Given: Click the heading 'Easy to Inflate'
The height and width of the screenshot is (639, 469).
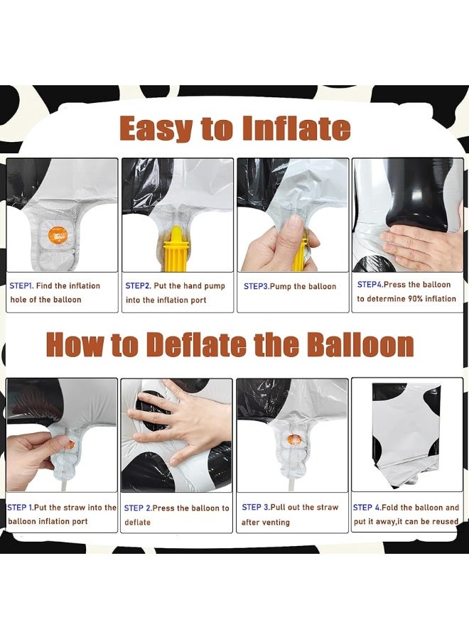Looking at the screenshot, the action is pyautogui.click(x=235, y=129).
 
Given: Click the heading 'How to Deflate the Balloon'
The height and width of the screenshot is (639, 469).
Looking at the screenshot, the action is pyautogui.click(x=230, y=345).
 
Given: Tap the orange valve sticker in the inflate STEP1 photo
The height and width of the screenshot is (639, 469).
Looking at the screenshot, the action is pyautogui.click(x=58, y=235).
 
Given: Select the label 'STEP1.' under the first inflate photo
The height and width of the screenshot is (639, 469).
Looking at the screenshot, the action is pyautogui.click(x=21, y=285).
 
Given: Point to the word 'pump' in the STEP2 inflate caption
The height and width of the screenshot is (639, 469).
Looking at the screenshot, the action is pyautogui.click(x=215, y=286).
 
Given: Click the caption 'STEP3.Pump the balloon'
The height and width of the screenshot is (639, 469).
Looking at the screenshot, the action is pyautogui.click(x=290, y=287).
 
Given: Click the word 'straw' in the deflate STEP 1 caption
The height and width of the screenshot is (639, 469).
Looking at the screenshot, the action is pyautogui.click(x=74, y=508).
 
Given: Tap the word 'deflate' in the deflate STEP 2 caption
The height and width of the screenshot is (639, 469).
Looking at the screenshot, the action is pyautogui.click(x=137, y=523).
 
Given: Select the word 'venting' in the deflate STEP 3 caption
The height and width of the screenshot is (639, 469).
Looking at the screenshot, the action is pyautogui.click(x=276, y=523).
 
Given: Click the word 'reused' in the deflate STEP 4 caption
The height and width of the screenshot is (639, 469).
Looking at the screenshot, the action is pyautogui.click(x=446, y=522).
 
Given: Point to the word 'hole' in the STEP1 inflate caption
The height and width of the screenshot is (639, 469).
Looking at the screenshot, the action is pyautogui.click(x=18, y=300).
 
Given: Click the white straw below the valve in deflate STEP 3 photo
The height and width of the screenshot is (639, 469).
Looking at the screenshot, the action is pyautogui.click(x=293, y=485).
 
